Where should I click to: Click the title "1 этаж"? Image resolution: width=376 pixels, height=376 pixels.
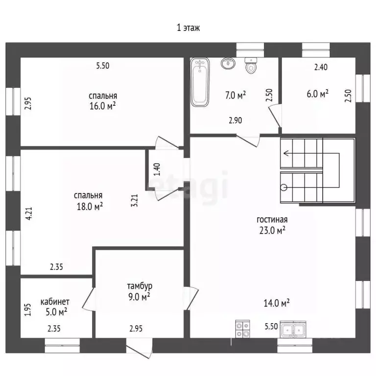[x=188, y=28]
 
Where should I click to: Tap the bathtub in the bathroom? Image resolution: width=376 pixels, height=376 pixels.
[x=200, y=82]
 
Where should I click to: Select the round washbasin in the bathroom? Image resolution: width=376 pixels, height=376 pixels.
[x=228, y=63]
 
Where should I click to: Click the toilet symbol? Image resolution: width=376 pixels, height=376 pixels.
[x=251, y=66]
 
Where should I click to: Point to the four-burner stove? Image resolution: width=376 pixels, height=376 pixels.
[x=242, y=329]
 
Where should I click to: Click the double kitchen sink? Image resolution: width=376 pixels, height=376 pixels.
[x=293, y=329]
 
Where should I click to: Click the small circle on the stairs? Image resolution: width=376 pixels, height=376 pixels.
[x=284, y=187]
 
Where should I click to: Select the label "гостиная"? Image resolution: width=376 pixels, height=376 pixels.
[x=272, y=220]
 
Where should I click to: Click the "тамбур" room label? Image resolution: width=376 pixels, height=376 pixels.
[x=140, y=286]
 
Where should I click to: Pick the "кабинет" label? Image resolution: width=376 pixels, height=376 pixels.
[x=55, y=302]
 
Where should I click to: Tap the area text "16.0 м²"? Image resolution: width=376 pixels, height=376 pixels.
[x=103, y=106]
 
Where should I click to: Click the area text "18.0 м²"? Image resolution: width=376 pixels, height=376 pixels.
[x=90, y=206]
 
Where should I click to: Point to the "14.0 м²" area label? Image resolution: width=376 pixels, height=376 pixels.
[x=277, y=303]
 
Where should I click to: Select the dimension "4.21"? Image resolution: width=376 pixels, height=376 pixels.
[x=29, y=213]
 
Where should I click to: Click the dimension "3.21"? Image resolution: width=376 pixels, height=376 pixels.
[x=135, y=200]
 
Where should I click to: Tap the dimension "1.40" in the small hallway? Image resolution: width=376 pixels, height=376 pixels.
[x=157, y=169]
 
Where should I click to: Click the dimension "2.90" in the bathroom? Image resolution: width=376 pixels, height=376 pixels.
[x=235, y=120]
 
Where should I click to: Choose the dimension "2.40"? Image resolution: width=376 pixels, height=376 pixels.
[x=321, y=67]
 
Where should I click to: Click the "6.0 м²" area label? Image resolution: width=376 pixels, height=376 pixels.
[x=317, y=94]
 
